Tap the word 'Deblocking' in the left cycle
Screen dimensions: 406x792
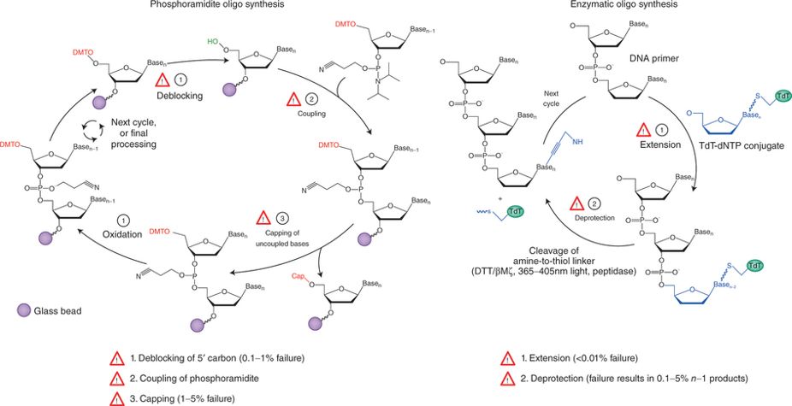click(x=178, y=97)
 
